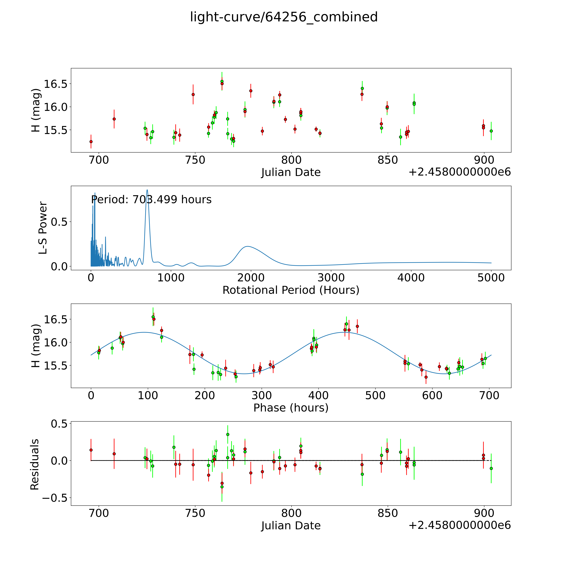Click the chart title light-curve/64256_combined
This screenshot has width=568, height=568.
[x=284, y=17]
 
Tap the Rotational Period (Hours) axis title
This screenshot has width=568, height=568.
[x=291, y=290]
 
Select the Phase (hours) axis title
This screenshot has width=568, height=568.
[x=291, y=408]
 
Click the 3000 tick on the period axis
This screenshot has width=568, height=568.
[x=331, y=278]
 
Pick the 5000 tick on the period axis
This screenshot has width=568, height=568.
[x=491, y=278]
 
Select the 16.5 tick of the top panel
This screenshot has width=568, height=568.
[x=55, y=84]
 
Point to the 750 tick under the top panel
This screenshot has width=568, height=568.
[x=195, y=160]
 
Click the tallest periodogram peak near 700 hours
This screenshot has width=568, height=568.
[x=147, y=190]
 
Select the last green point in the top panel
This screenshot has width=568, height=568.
[x=491, y=131]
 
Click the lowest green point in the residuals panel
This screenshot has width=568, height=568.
[x=222, y=487]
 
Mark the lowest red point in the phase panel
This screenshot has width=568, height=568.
[x=426, y=377]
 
